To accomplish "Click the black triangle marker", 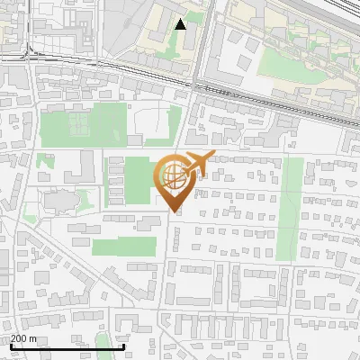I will point(181,23).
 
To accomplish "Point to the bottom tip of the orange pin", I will point(175,212).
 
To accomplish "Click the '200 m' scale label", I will point(23,337).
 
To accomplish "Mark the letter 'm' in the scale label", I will point(32,337).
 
